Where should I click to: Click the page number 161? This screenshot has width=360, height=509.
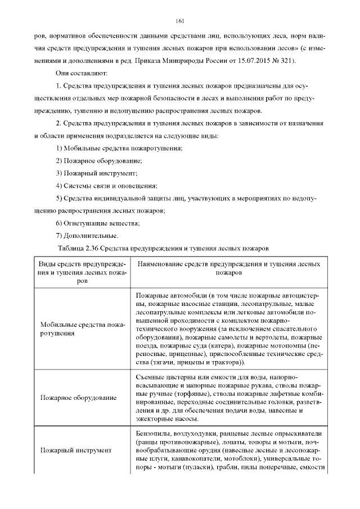click(x=180, y=21)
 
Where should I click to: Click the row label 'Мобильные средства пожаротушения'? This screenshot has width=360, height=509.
click(x=82, y=328)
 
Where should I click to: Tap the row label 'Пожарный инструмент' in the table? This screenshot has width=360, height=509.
click(x=76, y=451)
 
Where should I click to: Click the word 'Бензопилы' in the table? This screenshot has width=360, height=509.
click(x=153, y=434)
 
